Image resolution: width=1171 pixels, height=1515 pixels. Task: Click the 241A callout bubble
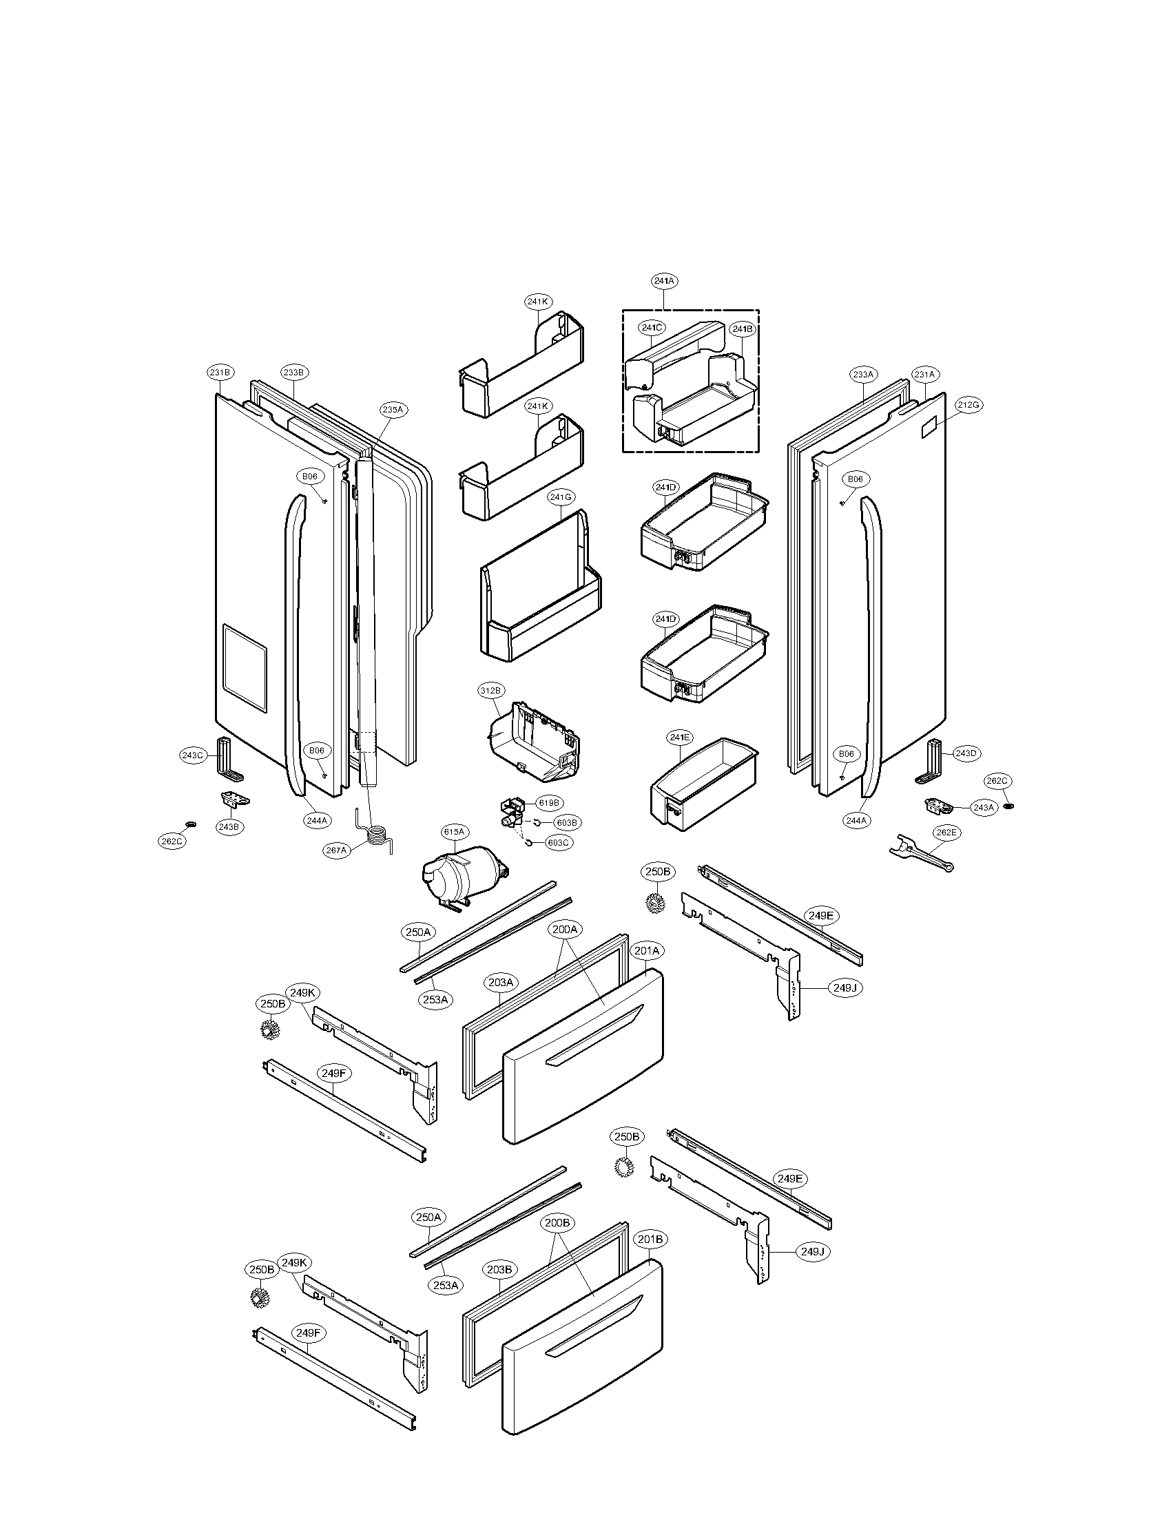coord(664,281)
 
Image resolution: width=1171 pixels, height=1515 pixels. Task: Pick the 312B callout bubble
coord(490,690)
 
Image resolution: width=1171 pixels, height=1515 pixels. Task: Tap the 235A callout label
coord(392,410)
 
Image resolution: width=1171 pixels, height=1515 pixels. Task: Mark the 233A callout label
coord(863,375)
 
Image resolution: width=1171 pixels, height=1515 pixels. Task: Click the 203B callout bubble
coord(499,1269)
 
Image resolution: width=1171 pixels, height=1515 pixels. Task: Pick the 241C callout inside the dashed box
coord(652,326)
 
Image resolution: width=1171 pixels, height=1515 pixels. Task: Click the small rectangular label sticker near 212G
coord(929,428)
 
